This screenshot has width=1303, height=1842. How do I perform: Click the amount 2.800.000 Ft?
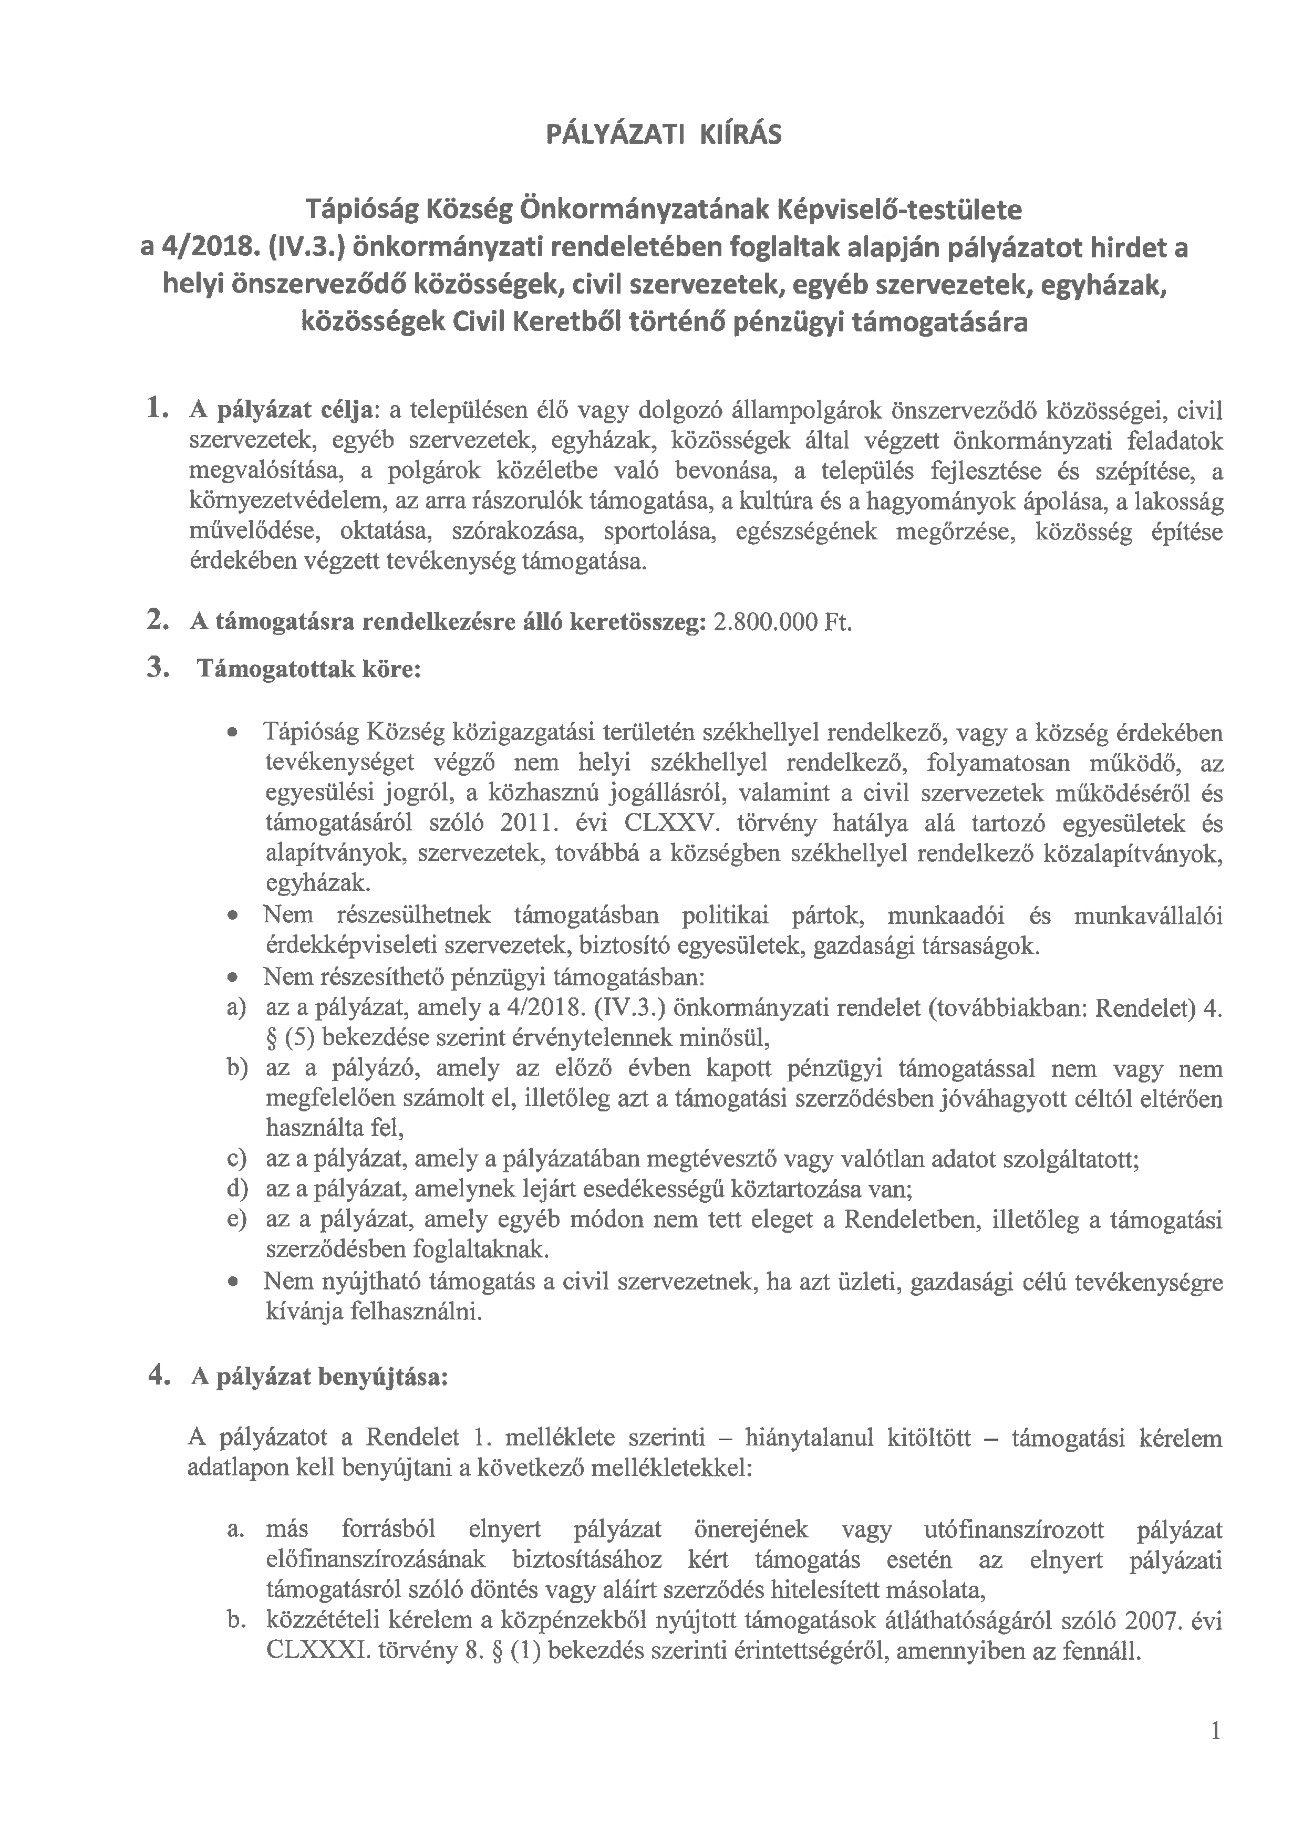coord(781,623)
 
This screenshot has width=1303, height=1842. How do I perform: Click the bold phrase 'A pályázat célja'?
coord(281,411)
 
